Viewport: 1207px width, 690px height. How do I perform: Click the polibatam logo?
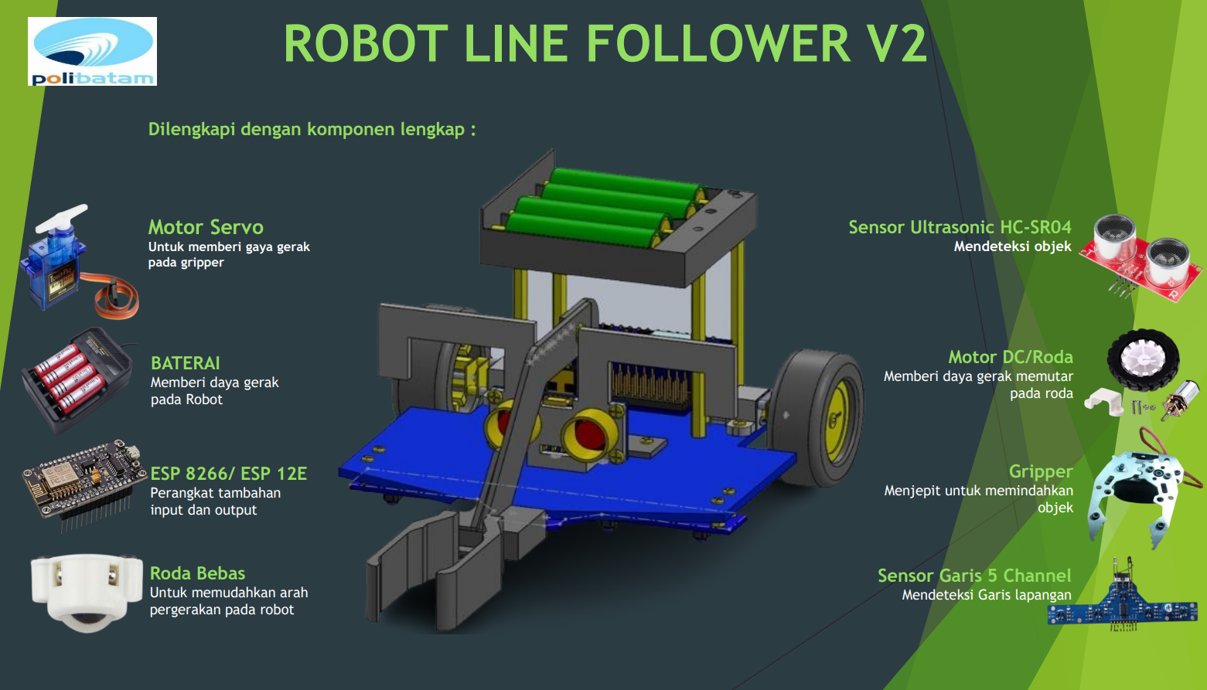(92, 51)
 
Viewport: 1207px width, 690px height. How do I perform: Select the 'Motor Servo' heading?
(206, 227)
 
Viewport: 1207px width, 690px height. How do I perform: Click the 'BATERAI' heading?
(186, 363)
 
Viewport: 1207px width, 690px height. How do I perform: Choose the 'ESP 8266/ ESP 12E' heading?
(229, 474)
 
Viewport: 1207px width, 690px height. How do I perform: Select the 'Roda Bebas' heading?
(197, 573)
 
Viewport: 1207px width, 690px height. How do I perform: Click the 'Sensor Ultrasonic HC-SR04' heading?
(960, 227)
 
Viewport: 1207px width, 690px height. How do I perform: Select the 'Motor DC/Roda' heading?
(1011, 357)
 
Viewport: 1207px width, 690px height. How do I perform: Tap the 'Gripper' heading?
(1041, 471)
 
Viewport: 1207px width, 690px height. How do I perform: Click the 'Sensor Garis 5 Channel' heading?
(974, 576)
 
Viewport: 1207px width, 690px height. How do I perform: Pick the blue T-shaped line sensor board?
(1122, 607)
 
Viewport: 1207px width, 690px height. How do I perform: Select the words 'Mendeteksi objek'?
(1012, 246)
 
